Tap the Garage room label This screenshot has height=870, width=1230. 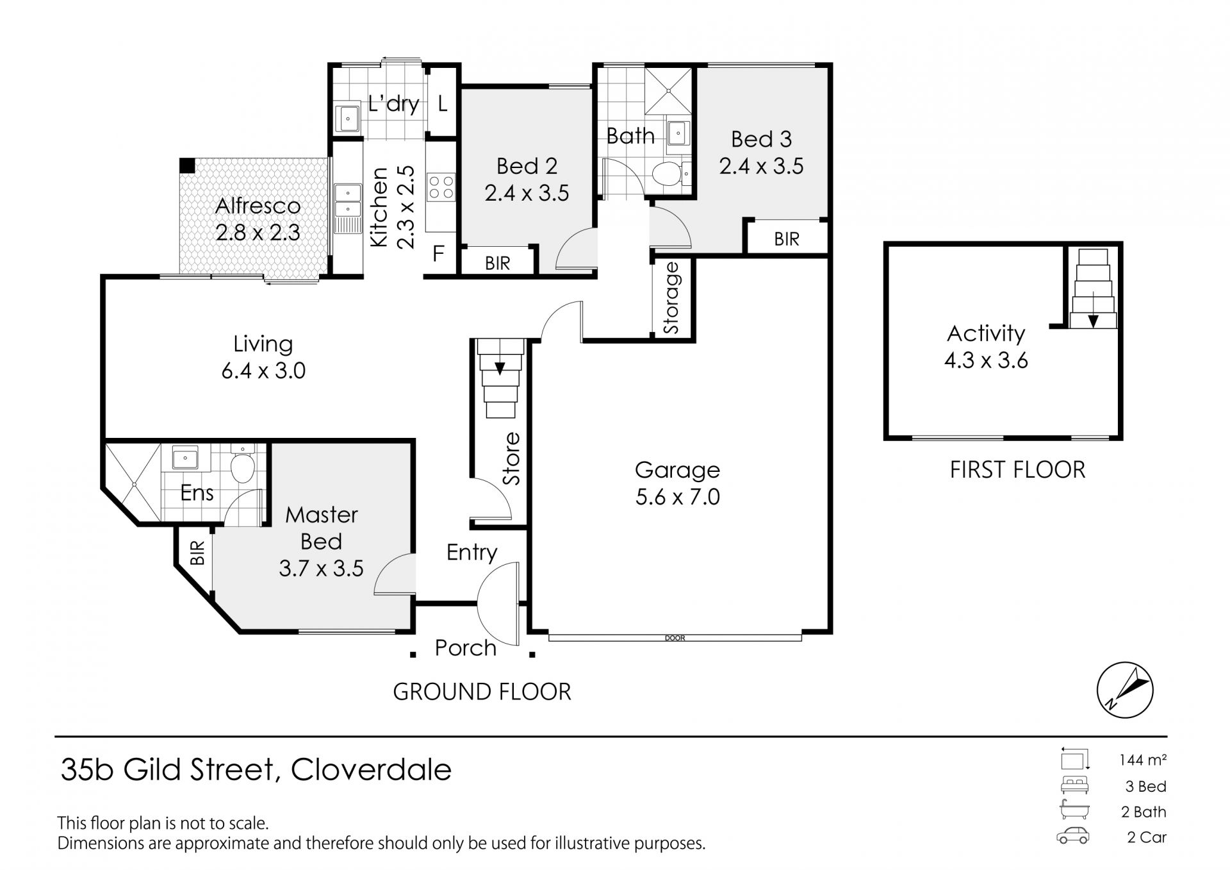[x=677, y=470]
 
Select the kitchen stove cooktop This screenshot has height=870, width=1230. [x=441, y=187]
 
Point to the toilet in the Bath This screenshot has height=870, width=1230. [x=668, y=173]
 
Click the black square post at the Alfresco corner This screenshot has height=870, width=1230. [x=186, y=165]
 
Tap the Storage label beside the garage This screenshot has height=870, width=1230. [x=671, y=298]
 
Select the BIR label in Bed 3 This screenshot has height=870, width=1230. [x=787, y=239]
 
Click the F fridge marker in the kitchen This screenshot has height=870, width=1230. [x=438, y=254]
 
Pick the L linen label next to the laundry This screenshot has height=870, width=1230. [x=443, y=103]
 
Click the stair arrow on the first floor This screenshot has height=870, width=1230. [x=1093, y=321]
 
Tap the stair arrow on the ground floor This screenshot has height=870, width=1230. [x=500, y=368]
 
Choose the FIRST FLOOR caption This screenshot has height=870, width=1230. [x=1017, y=470]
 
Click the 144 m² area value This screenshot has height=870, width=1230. [x=1143, y=760]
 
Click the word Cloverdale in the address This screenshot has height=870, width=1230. [x=372, y=769]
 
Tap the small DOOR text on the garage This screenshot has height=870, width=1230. [x=675, y=638]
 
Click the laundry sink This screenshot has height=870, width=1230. [x=348, y=118]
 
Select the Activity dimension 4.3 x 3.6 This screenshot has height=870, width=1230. [x=986, y=360]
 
